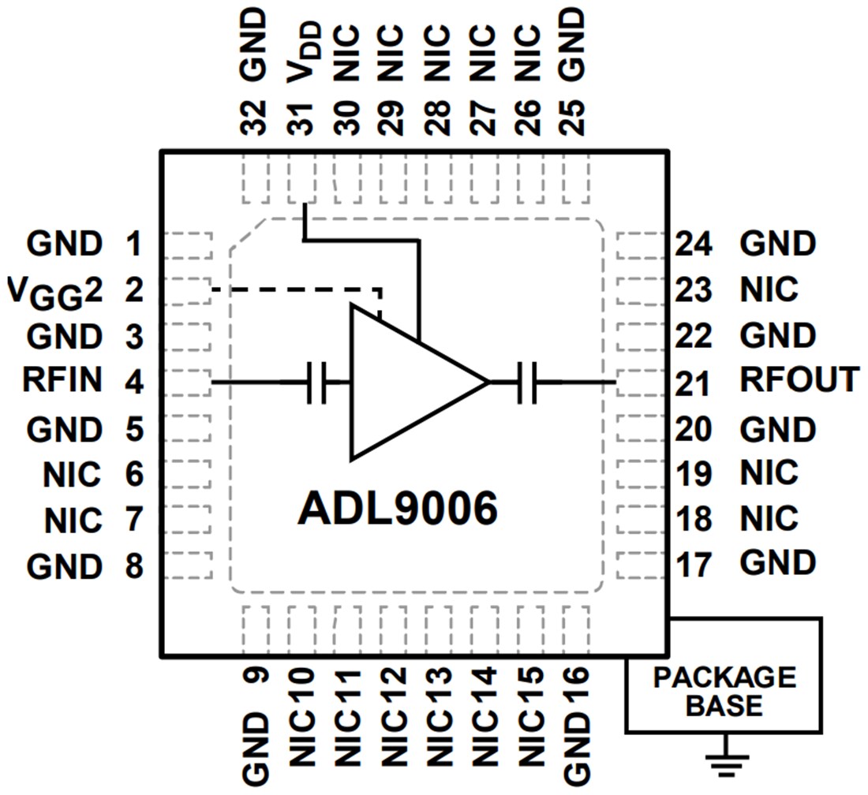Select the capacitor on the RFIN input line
pos(317,383)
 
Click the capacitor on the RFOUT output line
pos(527,383)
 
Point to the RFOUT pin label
pos(799,381)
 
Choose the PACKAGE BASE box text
pos(724,691)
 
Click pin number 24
pos(694,245)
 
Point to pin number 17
pos(694,565)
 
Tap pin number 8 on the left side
pos(134,565)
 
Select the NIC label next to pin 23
pos(769,290)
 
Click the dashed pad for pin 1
pos(189,244)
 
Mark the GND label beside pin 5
pos(64,430)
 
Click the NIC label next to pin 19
pos(769,473)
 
